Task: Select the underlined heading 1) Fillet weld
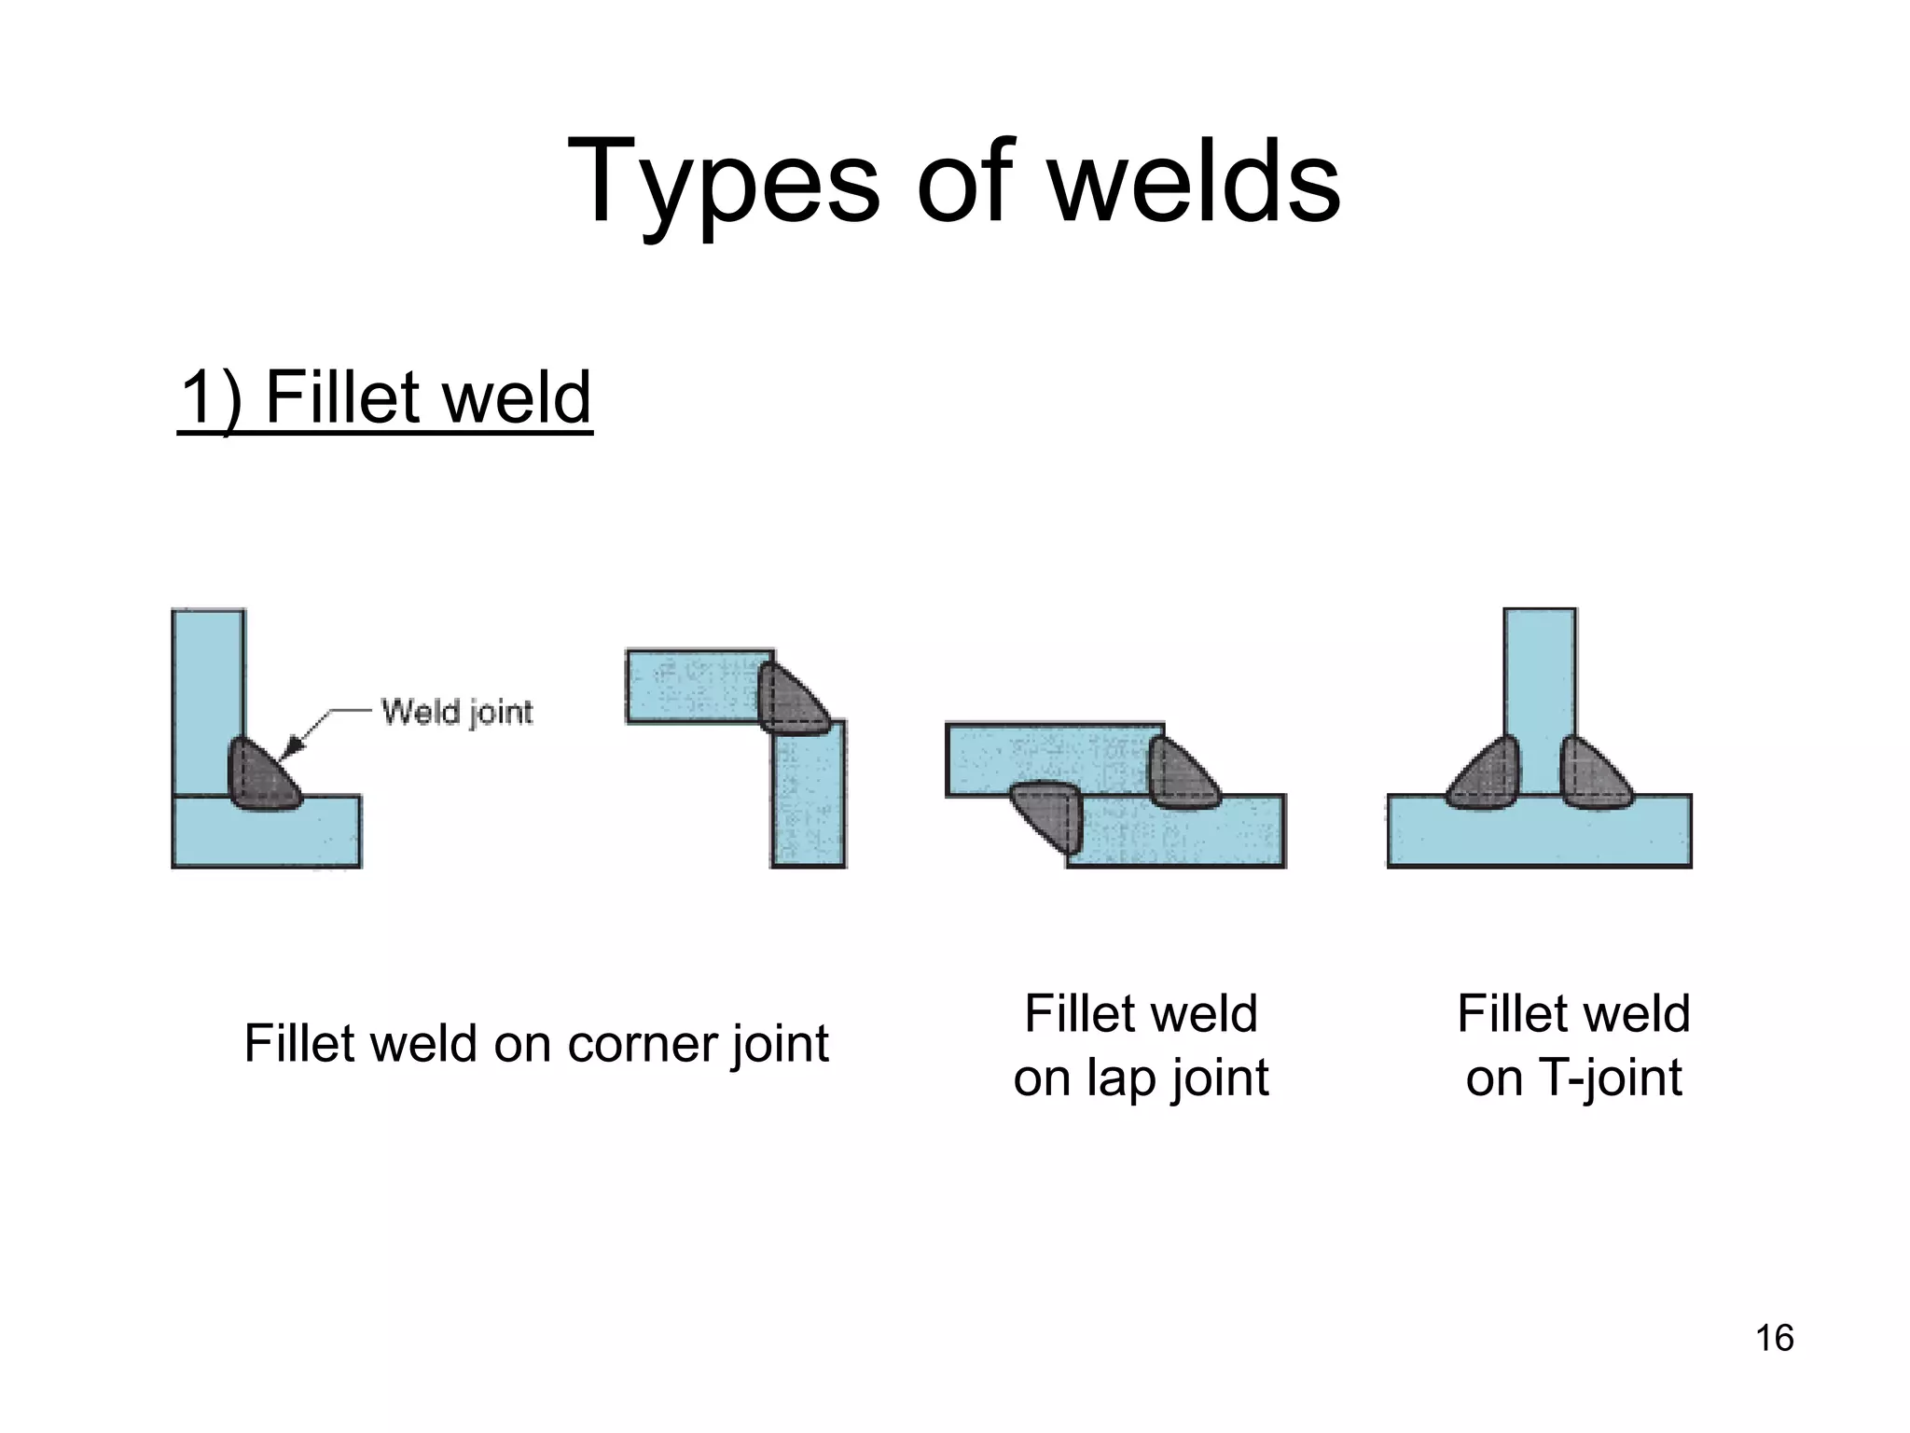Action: [384, 397]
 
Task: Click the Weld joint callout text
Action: [457, 713]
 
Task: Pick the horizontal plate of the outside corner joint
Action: [690, 687]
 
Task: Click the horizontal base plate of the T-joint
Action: [1539, 835]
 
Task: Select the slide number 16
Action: [1774, 1338]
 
